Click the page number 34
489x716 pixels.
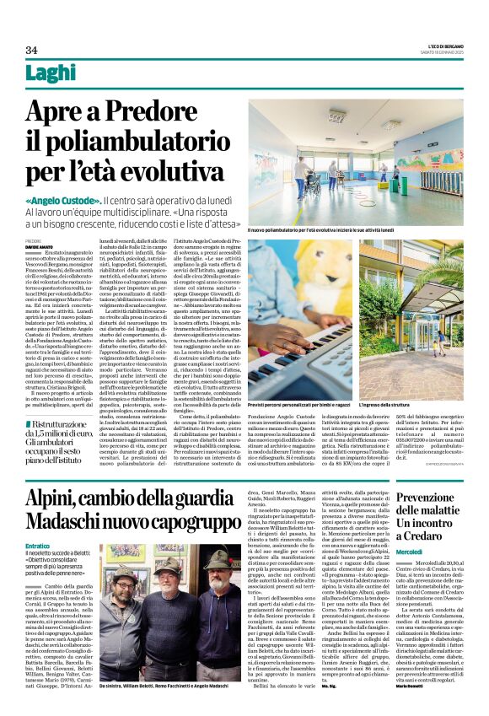point(31,50)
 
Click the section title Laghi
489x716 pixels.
point(51,74)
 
